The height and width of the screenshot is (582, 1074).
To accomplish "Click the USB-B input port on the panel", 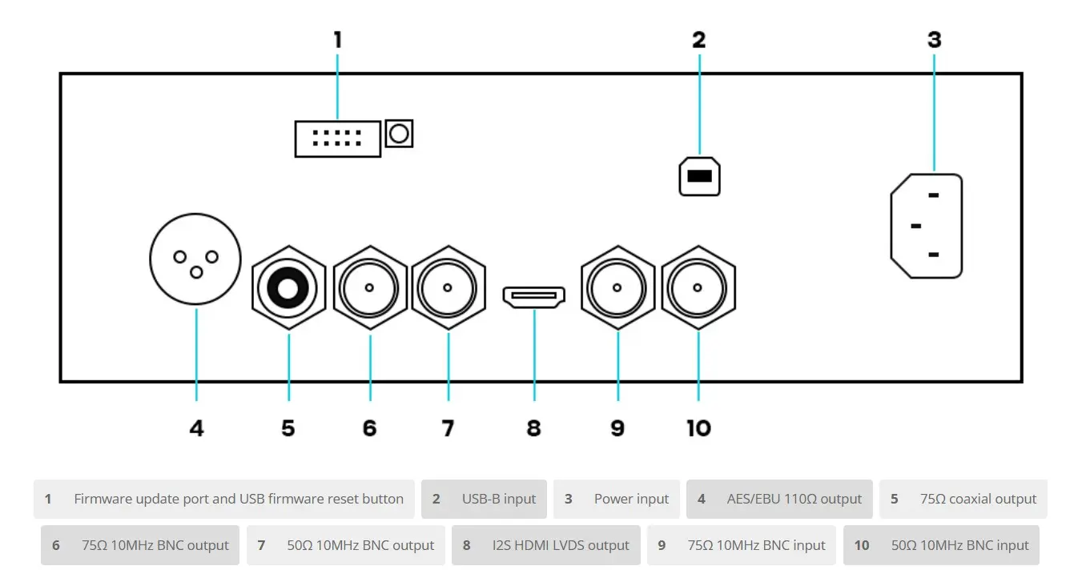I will (699, 176).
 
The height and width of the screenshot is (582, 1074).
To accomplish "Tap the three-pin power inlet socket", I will (927, 227).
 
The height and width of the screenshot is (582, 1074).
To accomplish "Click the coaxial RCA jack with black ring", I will (288, 287).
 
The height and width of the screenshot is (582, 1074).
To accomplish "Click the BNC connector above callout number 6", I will (370, 287).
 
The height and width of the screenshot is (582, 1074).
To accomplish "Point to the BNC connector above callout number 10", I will (698, 287).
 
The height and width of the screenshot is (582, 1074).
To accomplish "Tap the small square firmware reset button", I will (399, 133).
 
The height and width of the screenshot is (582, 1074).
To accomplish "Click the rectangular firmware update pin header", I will (337, 138).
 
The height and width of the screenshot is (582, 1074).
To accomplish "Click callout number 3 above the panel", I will (934, 40).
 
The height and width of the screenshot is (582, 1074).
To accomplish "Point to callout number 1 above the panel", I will (338, 40).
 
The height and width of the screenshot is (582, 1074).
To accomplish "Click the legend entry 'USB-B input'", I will (485, 499).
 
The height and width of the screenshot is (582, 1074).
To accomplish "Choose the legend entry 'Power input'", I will (617, 499).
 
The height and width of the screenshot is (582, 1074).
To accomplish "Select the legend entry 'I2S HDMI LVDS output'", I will (546, 545).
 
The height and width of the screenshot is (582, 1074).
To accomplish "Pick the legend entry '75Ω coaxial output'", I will (963, 499).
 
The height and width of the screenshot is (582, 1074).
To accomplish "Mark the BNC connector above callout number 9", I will (618, 287).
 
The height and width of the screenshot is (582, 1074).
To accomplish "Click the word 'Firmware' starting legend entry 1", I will (103, 499).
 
